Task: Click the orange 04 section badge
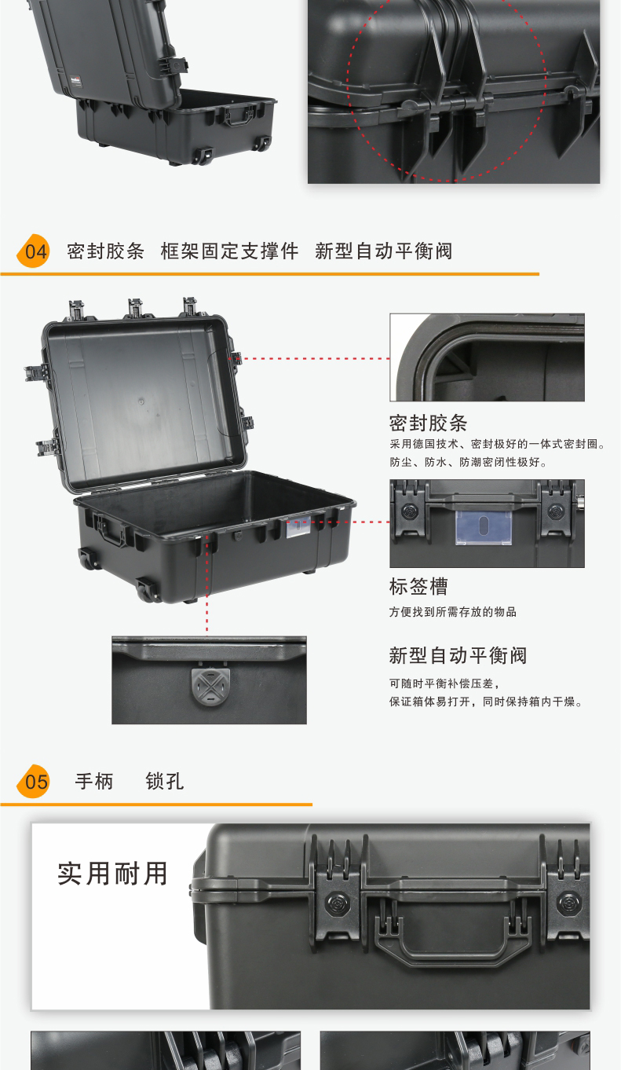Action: [34, 251]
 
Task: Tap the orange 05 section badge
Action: [34, 781]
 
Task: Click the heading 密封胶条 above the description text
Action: [428, 423]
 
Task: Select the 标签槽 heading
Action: [418, 587]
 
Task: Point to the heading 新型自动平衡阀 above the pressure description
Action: [458, 655]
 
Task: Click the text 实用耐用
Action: [112, 874]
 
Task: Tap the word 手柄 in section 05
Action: [94, 782]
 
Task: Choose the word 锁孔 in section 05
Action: [165, 782]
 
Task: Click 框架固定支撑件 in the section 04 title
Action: [229, 251]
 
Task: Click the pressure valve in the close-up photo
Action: [210, 686]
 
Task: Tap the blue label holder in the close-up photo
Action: [484, 527]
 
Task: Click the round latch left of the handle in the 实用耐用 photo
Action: [338, 903]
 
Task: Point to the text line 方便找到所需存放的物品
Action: [452, 612]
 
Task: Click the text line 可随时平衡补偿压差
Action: [444, 683]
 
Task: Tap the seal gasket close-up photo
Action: [487, 357]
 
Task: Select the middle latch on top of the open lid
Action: [135, 308]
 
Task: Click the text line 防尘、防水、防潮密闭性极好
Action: [468, 462]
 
